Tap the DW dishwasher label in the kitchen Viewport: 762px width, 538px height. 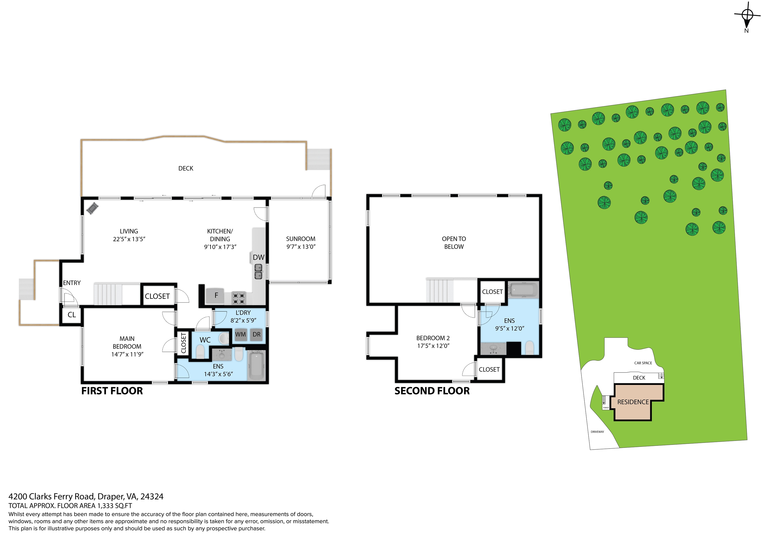[258, 257]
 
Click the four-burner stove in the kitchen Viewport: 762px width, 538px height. [239, 298]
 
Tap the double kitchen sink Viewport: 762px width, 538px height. [258, 271]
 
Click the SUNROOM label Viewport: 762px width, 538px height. [301, 239]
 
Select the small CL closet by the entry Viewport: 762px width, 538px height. [72, 315]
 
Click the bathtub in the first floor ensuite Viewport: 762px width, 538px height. [256, 367]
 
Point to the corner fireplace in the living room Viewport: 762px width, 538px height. [93, 208]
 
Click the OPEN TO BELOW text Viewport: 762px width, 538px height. [454, 243]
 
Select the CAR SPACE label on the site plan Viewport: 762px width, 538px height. [643, 363]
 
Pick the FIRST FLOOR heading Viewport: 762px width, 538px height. [112, 391]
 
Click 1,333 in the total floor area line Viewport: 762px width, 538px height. [105, 506]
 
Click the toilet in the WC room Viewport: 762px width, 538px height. [200, 352]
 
